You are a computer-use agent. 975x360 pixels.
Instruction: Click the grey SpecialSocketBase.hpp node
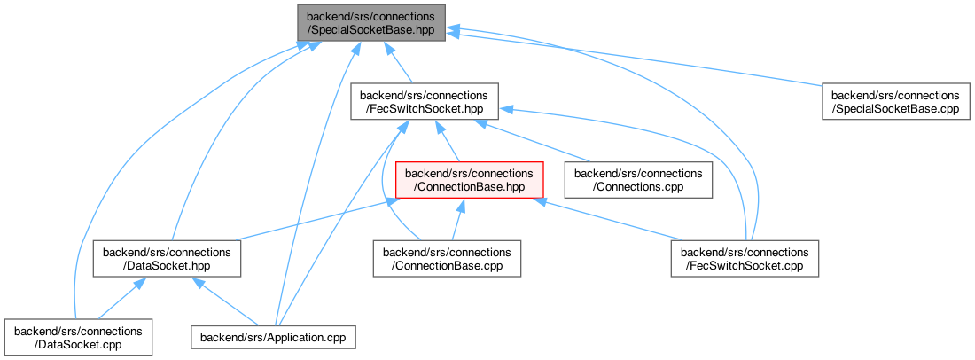tap(370, 24)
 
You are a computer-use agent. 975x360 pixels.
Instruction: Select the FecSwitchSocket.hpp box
tap(424, 102)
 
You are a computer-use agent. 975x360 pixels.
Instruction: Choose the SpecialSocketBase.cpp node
tap(894, 102)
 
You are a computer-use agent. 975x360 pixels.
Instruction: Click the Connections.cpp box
tap(639, 180)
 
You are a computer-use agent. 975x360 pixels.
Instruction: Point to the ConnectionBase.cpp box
tap(447, 258)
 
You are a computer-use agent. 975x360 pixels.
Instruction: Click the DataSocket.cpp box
tap(77, 336)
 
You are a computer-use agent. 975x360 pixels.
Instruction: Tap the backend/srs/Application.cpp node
tap(275, 337)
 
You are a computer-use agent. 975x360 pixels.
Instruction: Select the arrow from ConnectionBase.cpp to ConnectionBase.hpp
tap(456, 221)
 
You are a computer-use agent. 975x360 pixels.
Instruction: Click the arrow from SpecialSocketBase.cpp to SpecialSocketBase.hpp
tap(638, 59)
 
